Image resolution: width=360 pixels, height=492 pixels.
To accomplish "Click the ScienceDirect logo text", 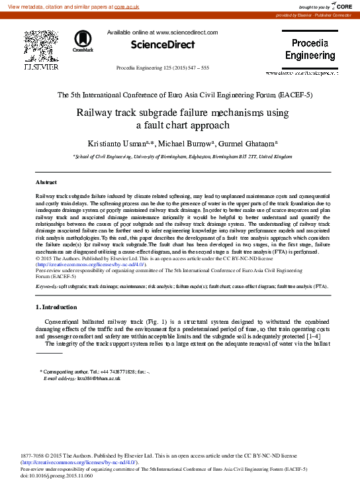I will click(163, 45).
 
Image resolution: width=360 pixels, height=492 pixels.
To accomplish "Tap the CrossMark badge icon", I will click(83, 40).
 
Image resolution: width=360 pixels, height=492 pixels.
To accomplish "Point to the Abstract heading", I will click(46, 182).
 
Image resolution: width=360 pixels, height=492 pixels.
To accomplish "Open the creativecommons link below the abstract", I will click(91, 264).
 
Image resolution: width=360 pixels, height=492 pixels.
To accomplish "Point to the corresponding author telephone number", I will click(107, 371).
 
